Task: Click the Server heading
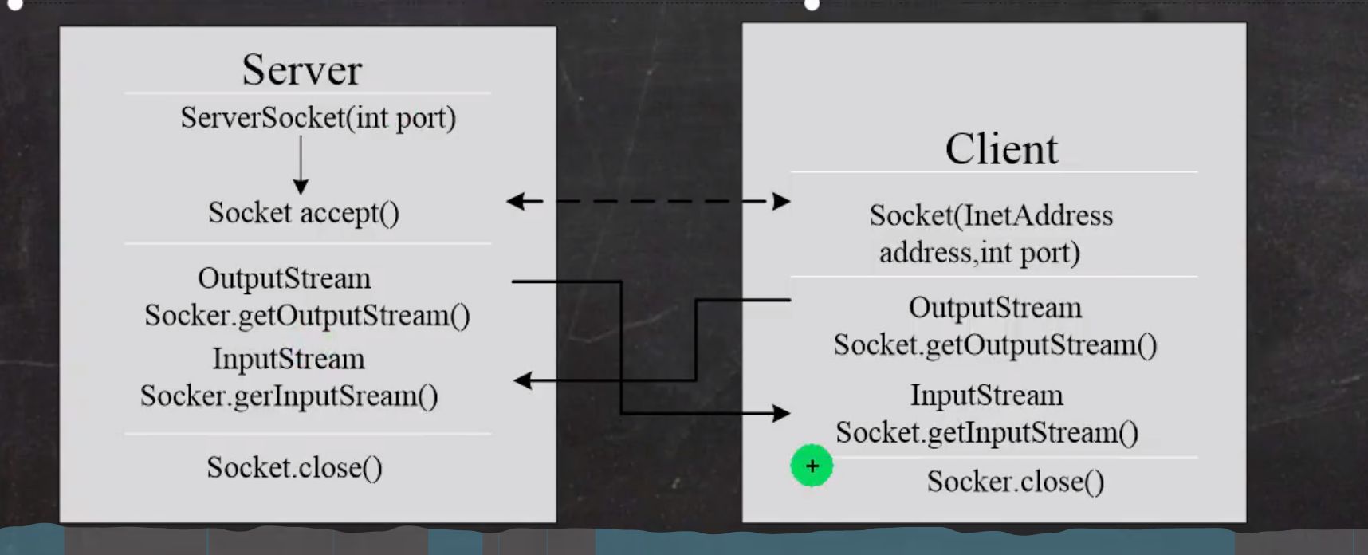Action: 301,69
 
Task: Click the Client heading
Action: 1001,148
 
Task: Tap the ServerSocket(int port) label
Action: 318,118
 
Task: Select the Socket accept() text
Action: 304,213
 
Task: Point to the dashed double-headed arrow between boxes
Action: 648,201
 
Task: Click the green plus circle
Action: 812,466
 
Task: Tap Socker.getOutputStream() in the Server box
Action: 307,316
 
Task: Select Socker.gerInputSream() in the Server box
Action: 289,396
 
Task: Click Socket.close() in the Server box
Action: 294,467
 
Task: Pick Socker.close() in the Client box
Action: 1015,482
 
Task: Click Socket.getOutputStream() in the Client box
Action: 995,345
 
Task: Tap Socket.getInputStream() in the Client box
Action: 987,433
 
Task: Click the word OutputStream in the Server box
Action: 284,278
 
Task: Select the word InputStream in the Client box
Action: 986,396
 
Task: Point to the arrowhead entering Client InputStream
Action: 781,413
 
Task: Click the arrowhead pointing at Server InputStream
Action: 522,380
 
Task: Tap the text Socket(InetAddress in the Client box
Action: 991,215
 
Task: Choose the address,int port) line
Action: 979,253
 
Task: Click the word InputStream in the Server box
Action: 289,359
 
